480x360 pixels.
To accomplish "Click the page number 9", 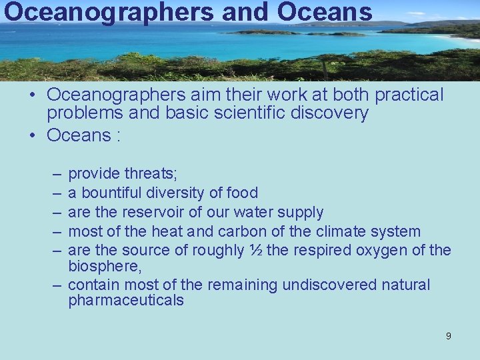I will click(448, 336).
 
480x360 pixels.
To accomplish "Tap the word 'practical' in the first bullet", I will click(409, 95).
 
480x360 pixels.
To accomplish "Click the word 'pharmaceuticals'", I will click(126, 301).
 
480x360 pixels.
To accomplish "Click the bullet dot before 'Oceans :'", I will click(32, 135).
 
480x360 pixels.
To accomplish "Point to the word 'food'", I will click(243, 193).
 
